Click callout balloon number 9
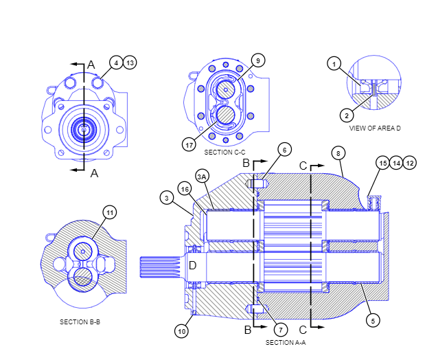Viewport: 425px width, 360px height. click(x=257, y=60)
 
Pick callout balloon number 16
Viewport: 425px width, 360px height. click(x=184, y=188)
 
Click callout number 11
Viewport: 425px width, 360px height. click(x=109, y=212)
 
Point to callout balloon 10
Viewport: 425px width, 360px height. click(x=181, y=331)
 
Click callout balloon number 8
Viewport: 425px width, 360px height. click(x=337, y=151)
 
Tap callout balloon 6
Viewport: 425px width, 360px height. click(x=285, y=149)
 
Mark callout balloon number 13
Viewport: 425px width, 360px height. click(x=130, y=63)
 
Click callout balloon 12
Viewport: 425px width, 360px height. click(x=410, y=163)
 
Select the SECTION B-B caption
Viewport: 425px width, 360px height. click(x=80, y=322)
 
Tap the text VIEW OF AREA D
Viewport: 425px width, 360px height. click(x=375, y=128)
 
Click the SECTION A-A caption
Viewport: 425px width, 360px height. click(x=286, y=341)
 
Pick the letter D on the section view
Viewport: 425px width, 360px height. click(x=193, y=265)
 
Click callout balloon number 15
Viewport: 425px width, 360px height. click(x=382, y=163)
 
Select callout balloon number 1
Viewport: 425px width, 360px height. click(x=334, y=65)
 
